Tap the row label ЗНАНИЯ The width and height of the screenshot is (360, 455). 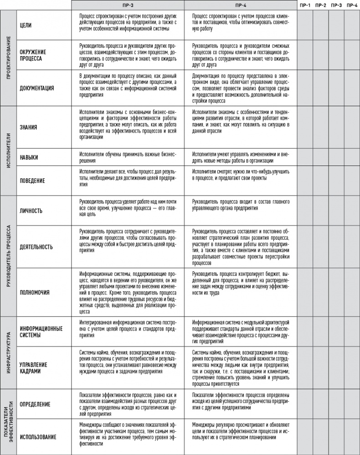28,127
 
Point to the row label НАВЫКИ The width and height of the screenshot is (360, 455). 29,157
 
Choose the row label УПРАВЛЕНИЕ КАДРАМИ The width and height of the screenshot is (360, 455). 33,368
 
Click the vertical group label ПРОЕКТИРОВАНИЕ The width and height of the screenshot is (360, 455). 9,58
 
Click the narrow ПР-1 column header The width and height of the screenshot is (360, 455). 305,5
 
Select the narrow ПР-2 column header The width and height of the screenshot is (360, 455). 320,5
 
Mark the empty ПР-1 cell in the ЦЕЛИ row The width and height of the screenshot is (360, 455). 305,26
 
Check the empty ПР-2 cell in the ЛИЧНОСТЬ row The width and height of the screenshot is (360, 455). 320,211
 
